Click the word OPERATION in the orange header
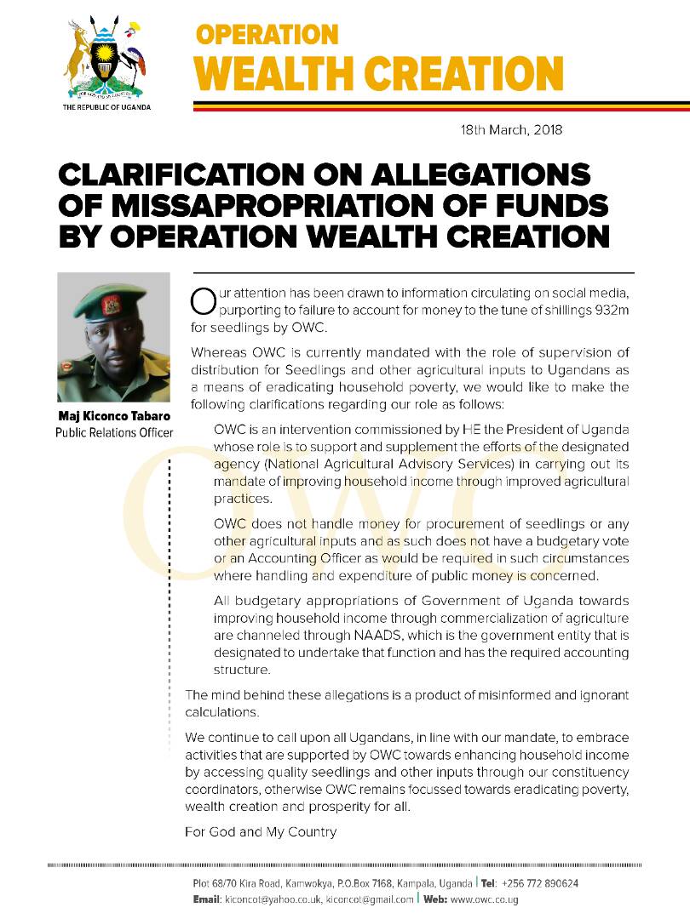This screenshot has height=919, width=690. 267,35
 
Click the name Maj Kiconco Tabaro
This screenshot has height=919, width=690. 113,417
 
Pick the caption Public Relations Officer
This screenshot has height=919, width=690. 113,433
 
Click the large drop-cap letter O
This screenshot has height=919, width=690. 201,300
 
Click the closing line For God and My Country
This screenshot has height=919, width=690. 261,831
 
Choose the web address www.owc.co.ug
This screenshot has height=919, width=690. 484,899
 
